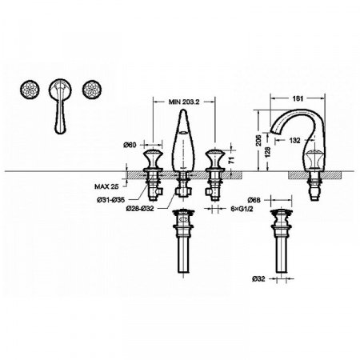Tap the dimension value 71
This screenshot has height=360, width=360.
(x=230, y=161)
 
